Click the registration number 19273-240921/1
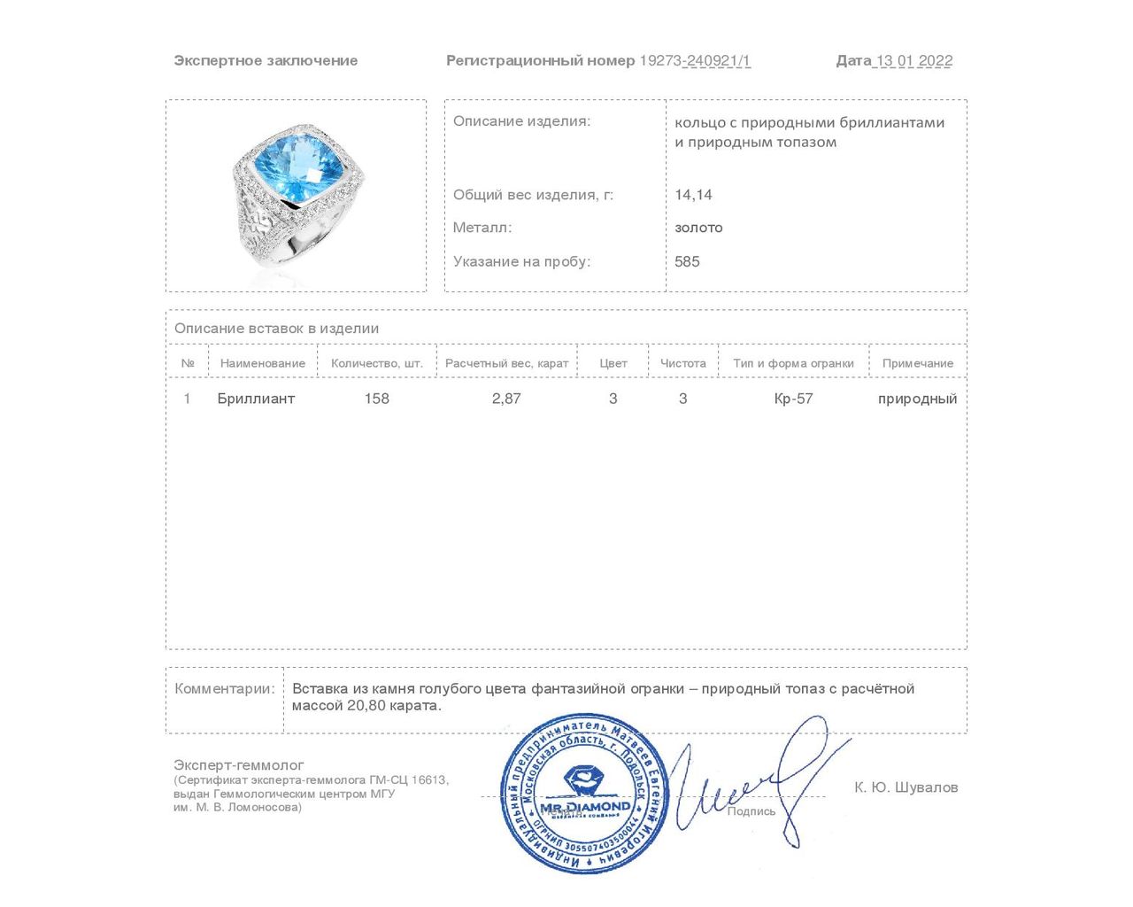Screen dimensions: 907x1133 (695, 60)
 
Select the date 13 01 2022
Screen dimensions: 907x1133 (913, 60)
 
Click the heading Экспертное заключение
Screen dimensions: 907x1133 (266, 60)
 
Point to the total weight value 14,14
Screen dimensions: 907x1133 (693, 195)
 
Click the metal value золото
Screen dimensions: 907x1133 (698, 228)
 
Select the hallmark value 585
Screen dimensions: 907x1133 (687, 261)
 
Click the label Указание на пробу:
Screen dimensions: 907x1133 (521, 261)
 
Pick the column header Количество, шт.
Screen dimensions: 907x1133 (377, 363)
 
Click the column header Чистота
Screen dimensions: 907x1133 (683, 363)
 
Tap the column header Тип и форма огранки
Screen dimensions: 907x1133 (793, 363)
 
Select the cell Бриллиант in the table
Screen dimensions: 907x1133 (256, 399)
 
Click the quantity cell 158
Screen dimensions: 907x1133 (377, 399)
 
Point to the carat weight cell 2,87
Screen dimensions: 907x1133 (506, 399)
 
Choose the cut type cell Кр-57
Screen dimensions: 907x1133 (793, 399)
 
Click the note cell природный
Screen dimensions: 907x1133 (917, 399)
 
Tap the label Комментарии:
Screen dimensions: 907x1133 (225, 689)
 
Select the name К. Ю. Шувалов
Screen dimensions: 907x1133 (906, 787)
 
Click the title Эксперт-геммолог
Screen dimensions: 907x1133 (239, 765)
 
